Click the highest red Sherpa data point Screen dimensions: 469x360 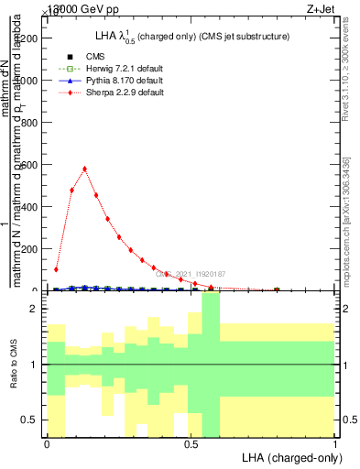tap(84, 169)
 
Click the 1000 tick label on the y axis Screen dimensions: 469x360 tap(29, 81)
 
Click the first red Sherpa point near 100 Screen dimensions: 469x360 tap(56, 270)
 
